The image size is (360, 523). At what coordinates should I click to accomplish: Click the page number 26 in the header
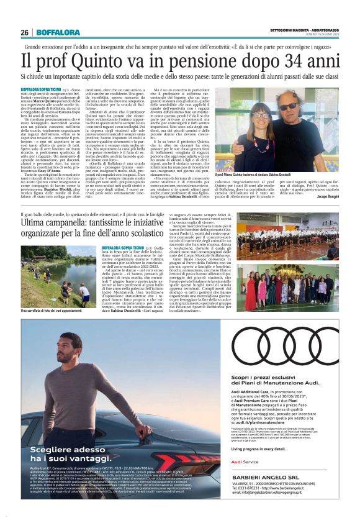[x=24, y=32]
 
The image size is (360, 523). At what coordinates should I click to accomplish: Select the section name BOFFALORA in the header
[x=58, y=32]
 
